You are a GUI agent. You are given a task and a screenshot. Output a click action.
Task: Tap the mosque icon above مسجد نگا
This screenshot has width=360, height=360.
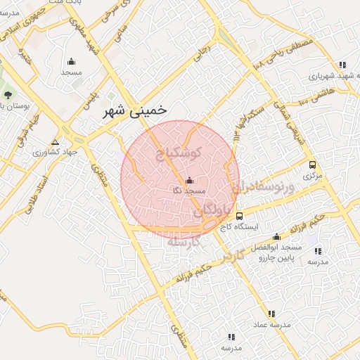pyautogui.click(x=188, y=180)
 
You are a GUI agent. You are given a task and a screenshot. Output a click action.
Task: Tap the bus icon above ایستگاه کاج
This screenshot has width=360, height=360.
pyautogui.click(x=240, y=216)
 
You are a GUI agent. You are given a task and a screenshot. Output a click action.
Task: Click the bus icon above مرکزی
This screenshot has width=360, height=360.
pyautogui.click(x=312, y=165)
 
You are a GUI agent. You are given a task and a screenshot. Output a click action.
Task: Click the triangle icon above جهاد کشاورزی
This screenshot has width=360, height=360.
pyautogui.click(x=55, y=141)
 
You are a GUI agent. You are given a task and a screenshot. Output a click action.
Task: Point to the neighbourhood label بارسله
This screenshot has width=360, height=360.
pyautogui.click(x=184, y=241)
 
